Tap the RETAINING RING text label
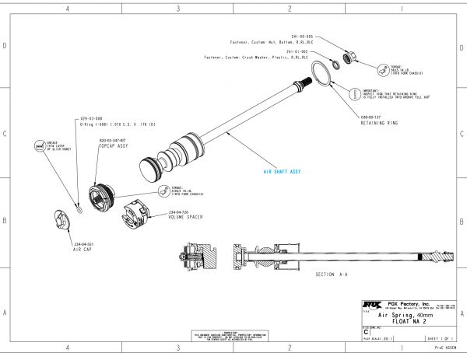coord(377,122)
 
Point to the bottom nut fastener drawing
coord(350,58)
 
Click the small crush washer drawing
coord(335,65)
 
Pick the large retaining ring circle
coord(321,75)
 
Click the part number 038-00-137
coord(371,117)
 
